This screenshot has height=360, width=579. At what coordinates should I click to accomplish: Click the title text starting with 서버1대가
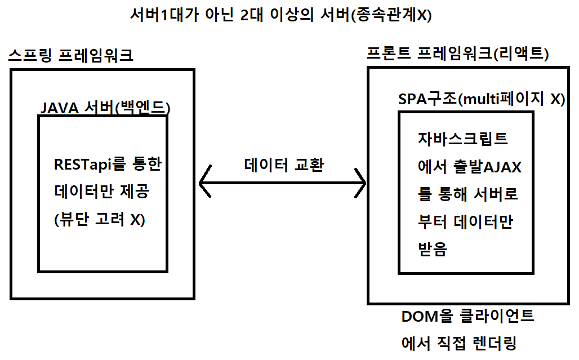coord(280,15)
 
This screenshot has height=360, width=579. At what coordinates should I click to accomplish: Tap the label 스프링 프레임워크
coord(71,56)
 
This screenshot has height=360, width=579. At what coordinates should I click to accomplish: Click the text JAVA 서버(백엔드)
coord(106,107)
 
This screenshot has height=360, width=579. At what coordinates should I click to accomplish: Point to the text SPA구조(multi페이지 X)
coord(481,99)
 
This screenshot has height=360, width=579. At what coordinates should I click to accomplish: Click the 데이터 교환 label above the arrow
coord(284,165)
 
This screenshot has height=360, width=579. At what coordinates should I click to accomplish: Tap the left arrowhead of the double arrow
coord(205,182)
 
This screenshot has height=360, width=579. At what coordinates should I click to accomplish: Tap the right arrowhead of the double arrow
coord(360,182)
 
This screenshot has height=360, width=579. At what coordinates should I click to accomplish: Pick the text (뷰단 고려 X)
coord(99,220)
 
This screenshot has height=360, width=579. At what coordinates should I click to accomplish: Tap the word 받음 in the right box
coord(432,250)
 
